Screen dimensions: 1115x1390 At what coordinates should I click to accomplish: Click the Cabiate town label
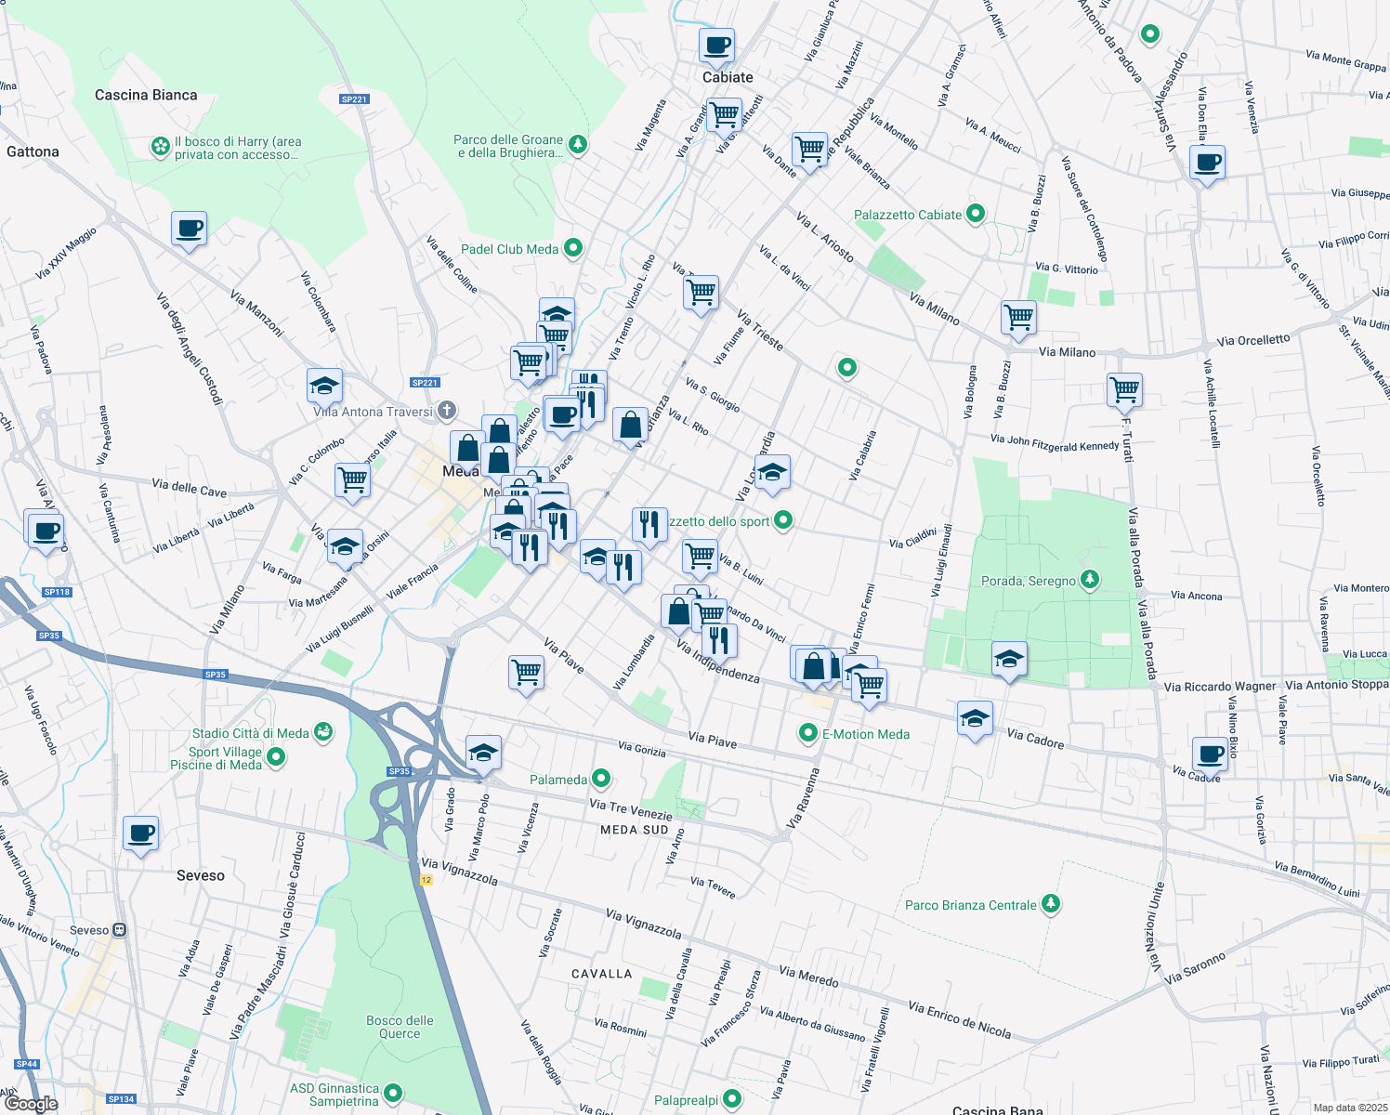click(x=728, y=78)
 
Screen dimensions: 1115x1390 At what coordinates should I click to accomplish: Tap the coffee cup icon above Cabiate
click(x=717, y=45)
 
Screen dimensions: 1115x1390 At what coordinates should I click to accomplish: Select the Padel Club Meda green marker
click(x=573, y=248)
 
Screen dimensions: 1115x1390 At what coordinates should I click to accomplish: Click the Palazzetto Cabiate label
click(x=908, y=215)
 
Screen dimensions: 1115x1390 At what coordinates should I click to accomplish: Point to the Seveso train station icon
click(x=119, y=930)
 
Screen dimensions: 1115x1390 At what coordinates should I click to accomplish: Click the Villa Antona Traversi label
click(x=374, y=412)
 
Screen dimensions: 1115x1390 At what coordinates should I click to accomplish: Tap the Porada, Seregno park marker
click(x=1090, y=581)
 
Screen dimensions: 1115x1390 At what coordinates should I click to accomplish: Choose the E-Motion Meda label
click(x=866, y=734)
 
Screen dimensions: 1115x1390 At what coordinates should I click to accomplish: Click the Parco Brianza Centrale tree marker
click(x=1050, y=904)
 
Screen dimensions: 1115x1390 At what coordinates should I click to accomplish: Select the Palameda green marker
click(x=601, y=779)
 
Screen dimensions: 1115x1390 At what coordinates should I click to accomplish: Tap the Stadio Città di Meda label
click(x=250, y=733)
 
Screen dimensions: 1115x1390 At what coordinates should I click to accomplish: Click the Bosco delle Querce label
click(x=400, y=1027)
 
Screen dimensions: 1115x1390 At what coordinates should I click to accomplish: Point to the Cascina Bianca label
click(x=146, y=95)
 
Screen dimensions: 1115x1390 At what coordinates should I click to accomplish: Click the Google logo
click(x=31, y=1103)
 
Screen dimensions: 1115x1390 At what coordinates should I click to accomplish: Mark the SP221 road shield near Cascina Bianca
click(x=354, y=99)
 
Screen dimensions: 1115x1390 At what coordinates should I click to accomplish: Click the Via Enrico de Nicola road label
click(x=959, y=1019)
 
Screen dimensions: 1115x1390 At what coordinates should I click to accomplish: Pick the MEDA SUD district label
click(x=634, y=830)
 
